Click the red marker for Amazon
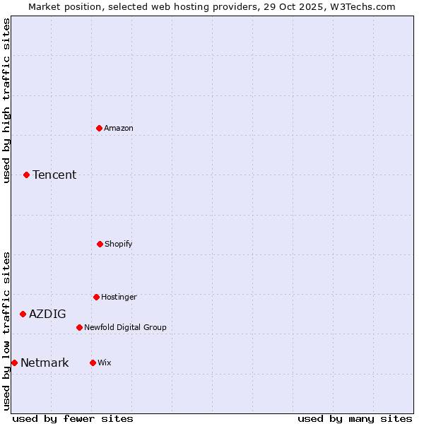tap(99, 128)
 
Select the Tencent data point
tap(26, 175)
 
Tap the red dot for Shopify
tap(100, 244)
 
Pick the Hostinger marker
tap(96, 297)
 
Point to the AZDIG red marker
tap(23, 314)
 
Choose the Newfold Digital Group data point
tap(79, 327)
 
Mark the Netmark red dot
tap(14, 363)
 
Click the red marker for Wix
tap(93, 363)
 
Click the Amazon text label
tap(119, 128)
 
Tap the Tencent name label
tap(54, 175)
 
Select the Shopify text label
tap(119, 244)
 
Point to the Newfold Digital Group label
tap(125, 327)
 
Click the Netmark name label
tap(45, 363)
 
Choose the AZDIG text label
tap(47, 314)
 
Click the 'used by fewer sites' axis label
tap(73, 418)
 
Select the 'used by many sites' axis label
tap(355, 418)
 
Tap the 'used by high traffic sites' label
tap(6, 100)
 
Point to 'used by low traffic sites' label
tap(6, 331)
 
